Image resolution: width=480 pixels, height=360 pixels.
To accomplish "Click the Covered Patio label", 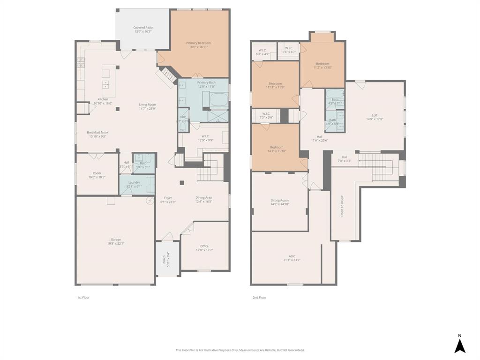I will [142, 30].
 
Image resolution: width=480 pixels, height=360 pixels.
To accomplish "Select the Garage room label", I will [116, 241].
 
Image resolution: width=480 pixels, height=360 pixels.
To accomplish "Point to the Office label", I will [204, 248].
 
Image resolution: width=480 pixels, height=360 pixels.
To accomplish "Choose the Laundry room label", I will [134, 184].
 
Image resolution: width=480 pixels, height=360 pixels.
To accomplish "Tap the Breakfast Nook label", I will [97, 135].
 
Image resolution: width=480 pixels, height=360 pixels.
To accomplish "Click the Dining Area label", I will [203, 200].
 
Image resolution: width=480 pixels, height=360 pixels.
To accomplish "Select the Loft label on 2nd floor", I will [375, 117].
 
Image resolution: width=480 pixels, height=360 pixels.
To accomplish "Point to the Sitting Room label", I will [279, 202].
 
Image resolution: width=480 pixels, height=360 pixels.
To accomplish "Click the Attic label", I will [292, 258].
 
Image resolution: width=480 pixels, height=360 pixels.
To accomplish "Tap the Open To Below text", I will [342, 206].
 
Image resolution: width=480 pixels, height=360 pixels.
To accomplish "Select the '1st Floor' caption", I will [83, 297].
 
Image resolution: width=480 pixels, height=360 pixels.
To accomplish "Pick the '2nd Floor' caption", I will [259, 297].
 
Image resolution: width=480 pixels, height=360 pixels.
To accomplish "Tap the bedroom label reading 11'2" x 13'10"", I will [322, 66].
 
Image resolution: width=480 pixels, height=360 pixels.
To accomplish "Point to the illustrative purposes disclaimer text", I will [240, 350].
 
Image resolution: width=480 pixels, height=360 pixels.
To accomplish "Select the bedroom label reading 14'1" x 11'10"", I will [276, 149].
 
